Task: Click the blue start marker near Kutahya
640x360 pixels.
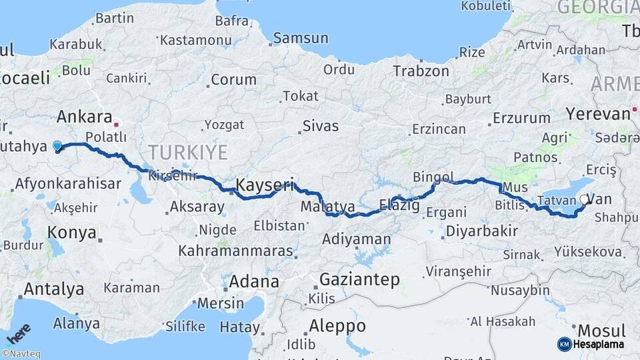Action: (57, 146)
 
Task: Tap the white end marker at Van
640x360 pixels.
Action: (585, 199)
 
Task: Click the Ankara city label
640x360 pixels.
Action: (84, 117)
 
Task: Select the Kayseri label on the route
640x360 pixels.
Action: (265, 185)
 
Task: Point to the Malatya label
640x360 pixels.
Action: (327, 207)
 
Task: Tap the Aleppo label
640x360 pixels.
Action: (338, 326)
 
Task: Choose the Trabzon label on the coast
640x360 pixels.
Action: (421, 71)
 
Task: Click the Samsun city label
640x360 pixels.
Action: (301, 38)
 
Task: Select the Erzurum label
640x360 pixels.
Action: (521, 119)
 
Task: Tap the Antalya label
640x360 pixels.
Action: (54, 289)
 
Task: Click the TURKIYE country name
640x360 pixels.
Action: (187, 152)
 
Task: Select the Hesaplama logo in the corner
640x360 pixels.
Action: (592, 344)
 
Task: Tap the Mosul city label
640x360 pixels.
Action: (601, 331)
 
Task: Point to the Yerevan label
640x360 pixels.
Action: (598, 113)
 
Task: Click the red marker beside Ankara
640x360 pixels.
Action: (116, 123)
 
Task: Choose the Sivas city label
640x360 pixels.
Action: (320, 125)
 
